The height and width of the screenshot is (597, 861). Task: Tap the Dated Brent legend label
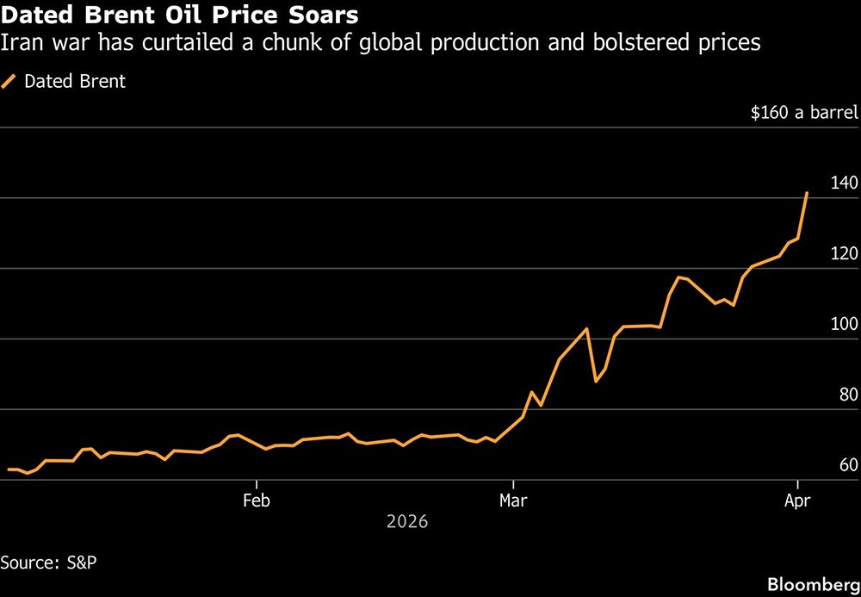point(75,82)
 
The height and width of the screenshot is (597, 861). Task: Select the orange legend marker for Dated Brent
point(9,82)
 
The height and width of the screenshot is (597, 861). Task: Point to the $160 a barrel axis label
point(799,112)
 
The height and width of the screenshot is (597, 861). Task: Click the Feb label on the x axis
point(256,500)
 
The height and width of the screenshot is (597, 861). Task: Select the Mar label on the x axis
point(512,500)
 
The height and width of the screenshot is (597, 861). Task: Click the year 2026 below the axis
point(407,522)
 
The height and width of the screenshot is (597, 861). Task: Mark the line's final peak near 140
point(807,193)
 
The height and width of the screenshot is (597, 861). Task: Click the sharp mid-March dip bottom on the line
point(596,381)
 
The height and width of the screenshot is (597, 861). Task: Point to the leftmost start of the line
point(9,470)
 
